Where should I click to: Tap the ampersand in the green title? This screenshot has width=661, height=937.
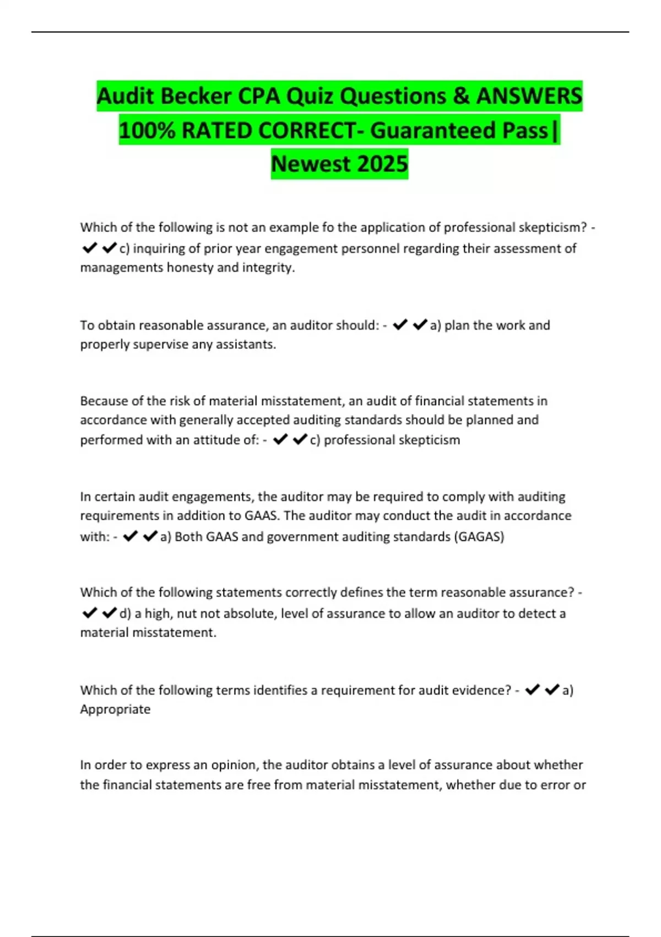pos(462,96)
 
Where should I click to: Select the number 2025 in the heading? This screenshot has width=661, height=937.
pos(382,164)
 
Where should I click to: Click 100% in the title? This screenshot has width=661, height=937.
pos(147,131)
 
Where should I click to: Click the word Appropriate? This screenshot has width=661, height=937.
pos(115,709)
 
